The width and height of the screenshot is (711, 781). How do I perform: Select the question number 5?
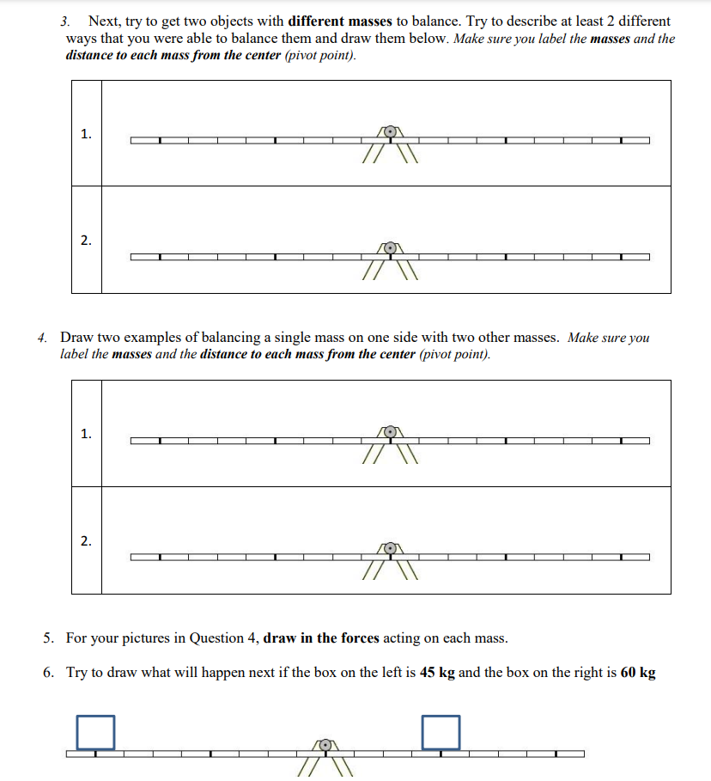point(50,638)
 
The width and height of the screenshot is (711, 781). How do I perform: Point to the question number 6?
point(50,672)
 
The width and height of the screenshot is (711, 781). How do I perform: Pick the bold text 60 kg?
point(637,672)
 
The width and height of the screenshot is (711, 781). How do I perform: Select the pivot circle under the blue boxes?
point(324,746)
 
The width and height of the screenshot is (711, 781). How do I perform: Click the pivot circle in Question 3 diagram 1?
point(391,132)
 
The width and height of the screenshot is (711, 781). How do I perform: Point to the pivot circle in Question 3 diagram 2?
point(391,248)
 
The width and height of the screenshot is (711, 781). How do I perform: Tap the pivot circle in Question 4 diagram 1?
point(391,432)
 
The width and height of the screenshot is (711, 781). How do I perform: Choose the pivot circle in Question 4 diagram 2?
point(391,548)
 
